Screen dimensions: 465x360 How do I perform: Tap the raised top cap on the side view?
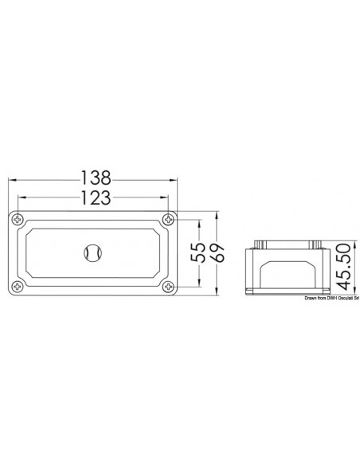point(289,244)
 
